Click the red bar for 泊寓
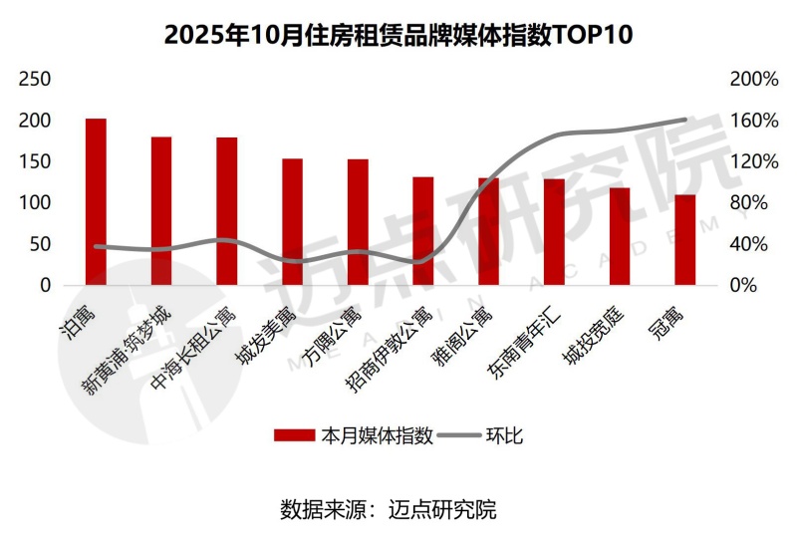click(x=96, y=202)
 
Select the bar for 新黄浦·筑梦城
click(x=161, y=211)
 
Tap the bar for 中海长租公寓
click(x=227, y=211)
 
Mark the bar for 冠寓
click(x=684, y=240)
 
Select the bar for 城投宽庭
click(x=620, y=236)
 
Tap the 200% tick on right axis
click(x=753, y=79)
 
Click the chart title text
click(x=398, y=35)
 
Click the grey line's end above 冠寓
click(x=685, y=121)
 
